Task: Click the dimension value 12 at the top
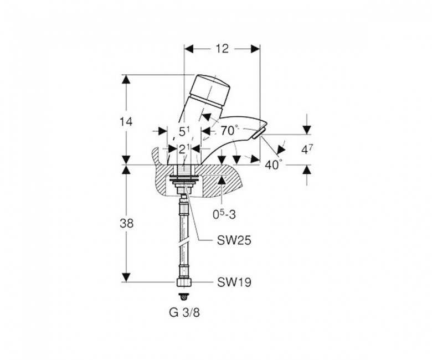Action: [x=222, y=49]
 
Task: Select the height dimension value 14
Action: [x=126, y=122]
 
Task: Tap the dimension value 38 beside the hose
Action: [x=126, y=223]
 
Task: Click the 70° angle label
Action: [x=229, y=130]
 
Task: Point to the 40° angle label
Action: [x=274, y=164]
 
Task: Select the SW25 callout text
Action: [x=234, y=241]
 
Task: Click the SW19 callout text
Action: [x=234, y=282]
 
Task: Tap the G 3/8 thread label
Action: [x=184, y=313]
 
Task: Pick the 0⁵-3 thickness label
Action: [x=224, y=214]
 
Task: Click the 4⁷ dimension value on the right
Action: [x=307, y=150]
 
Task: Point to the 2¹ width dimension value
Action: [x=184, y=150]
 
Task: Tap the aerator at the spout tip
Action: [x=259, y=133]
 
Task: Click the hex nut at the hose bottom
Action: [x=184, y=283]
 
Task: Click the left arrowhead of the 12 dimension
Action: [x=188, y=49]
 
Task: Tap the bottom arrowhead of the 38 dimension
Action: [x=126, y=277]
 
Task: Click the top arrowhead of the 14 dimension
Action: [x=126, y=79]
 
